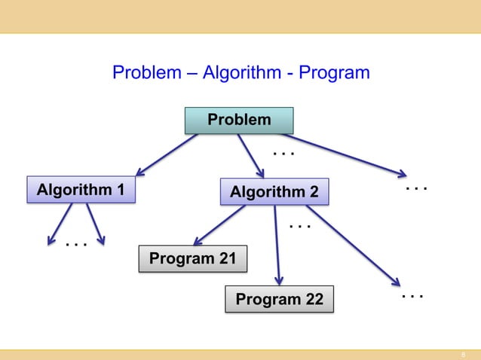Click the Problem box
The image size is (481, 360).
239,121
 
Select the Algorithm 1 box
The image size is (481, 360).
81,190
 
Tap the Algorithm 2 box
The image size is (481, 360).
274,193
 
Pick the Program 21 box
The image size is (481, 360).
193,260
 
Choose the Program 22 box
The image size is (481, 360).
279,301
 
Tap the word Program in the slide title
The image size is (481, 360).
334,74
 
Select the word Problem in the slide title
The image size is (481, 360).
146,74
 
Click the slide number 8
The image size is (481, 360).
464,354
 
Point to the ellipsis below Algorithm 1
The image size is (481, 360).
75,245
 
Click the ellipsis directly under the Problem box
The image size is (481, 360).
282,155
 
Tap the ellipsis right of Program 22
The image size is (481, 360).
412,297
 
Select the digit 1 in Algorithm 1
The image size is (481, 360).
120,190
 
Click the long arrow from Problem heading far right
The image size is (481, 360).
339,155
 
